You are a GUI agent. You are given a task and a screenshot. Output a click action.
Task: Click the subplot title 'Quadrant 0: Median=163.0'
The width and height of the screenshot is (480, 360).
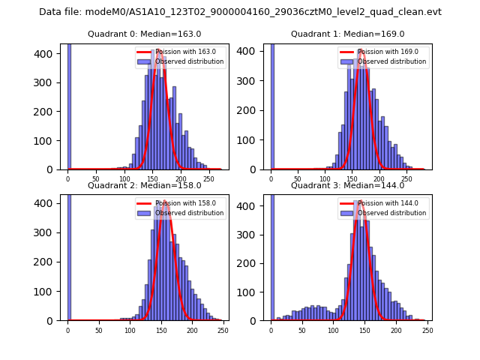point(144,34)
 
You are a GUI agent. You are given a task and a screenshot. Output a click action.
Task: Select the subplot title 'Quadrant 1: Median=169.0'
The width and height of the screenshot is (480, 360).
point(347,34)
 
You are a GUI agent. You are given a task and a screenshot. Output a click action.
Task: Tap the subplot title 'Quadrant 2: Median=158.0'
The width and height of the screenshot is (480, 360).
point(144,185)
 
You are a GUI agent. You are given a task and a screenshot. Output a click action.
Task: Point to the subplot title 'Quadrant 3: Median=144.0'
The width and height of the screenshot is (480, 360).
point(347,185)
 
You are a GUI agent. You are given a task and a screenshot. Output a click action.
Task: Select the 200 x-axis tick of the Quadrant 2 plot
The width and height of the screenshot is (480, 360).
point(161,331)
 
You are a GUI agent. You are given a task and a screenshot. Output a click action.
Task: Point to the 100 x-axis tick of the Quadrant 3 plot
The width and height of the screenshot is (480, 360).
point(333,331)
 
